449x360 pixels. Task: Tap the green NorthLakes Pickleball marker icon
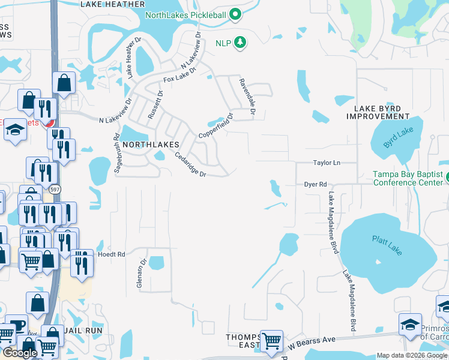236,14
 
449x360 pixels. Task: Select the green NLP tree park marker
240,42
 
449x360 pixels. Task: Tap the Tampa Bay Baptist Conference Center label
408,178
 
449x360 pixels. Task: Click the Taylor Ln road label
327,163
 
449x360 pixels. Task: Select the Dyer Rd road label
315,185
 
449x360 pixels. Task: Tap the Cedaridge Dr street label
190,164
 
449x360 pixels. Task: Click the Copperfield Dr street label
215,125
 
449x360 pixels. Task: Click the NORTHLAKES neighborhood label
151,145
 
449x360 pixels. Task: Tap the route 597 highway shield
54,189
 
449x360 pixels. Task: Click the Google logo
20,353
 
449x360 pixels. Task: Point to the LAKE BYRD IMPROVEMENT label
382,112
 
